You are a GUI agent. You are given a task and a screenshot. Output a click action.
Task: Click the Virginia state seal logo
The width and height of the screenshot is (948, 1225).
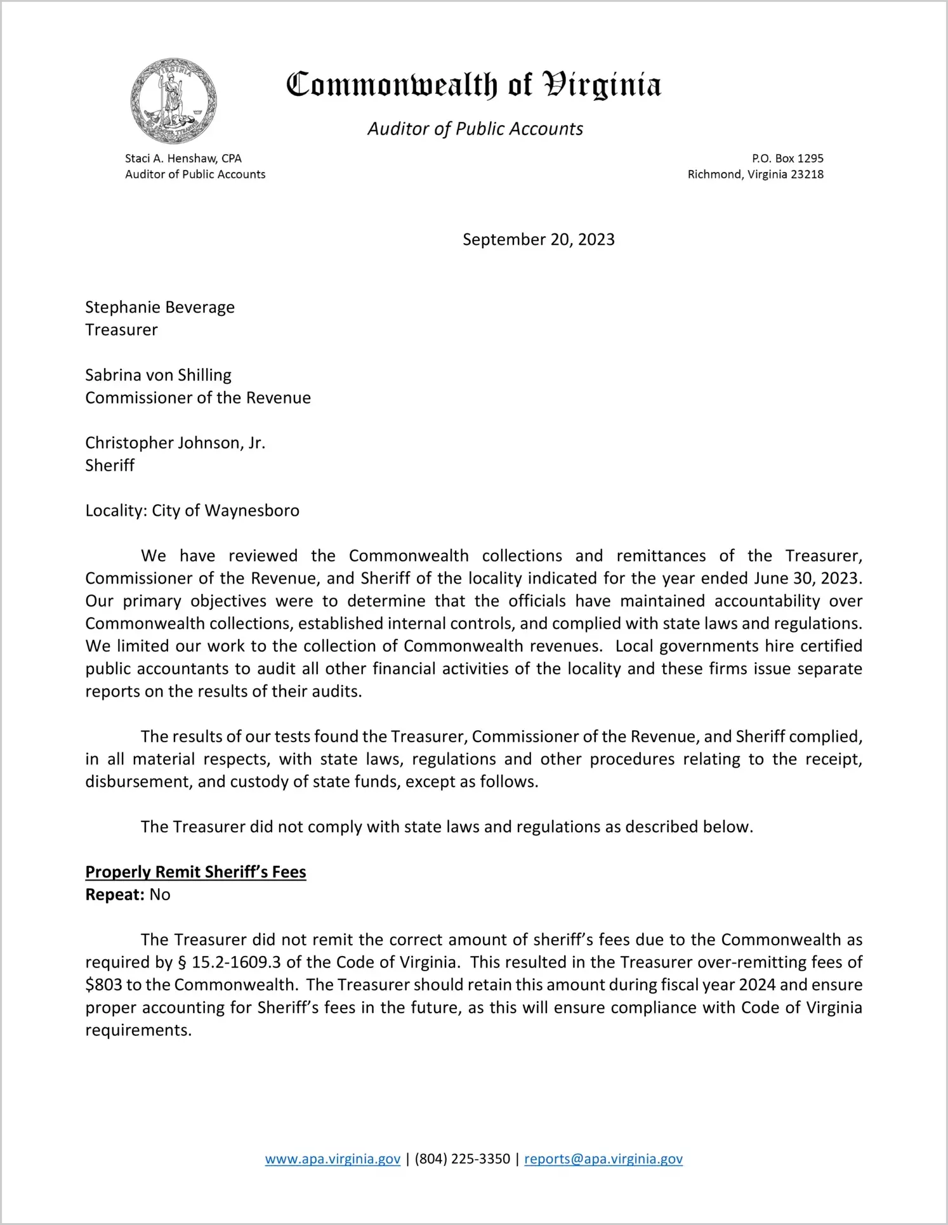173,101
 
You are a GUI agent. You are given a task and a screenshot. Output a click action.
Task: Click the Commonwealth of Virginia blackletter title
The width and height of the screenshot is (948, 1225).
473,84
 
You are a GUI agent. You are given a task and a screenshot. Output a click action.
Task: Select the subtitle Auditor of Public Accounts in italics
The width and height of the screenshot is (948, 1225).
475,129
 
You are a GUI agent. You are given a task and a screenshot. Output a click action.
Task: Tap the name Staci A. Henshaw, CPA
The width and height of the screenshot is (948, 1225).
183,159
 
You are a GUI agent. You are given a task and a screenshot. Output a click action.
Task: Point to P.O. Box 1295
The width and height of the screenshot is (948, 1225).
787,159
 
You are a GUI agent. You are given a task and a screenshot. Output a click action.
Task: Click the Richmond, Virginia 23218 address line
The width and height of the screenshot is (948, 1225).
755,174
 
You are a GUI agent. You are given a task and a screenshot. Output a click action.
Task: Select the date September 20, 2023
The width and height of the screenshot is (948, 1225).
538,240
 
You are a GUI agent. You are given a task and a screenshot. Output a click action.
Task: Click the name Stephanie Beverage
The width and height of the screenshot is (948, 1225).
160,308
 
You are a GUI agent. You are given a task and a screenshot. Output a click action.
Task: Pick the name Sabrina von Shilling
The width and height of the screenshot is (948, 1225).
158,376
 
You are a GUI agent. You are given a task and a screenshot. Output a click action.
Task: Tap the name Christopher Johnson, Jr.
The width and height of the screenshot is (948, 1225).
175,443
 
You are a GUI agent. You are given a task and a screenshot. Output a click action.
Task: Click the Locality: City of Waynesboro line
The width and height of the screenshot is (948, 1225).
192,511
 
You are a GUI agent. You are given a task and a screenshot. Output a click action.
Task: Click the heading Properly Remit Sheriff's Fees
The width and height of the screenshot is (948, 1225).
195,872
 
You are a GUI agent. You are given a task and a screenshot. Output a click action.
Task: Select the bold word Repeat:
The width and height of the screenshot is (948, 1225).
115,894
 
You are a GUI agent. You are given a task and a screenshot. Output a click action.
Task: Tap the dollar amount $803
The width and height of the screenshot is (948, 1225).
103,985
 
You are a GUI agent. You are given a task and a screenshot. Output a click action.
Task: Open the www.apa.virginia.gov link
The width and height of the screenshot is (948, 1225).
332,1159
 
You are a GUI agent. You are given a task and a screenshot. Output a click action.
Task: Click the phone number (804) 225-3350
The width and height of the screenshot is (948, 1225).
462,1159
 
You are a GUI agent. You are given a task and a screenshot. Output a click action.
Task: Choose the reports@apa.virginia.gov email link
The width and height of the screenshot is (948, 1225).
603,1159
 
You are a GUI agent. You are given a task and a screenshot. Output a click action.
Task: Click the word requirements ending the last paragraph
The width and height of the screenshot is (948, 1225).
138,1030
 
